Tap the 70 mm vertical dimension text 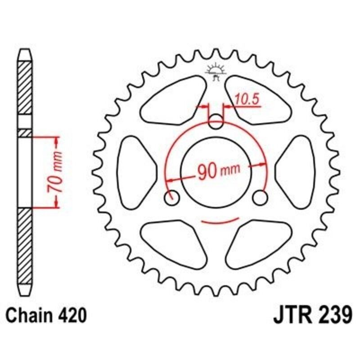tap(57, 172)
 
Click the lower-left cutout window tap(173, 243)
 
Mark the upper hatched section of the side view tap(25, 88)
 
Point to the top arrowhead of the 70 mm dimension tap(57, 140)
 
